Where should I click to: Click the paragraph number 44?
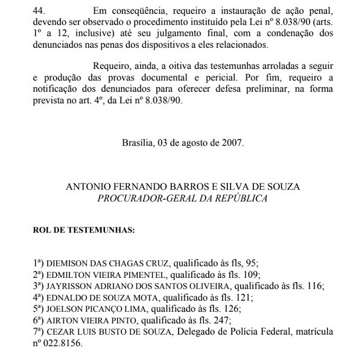pos(39,10)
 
